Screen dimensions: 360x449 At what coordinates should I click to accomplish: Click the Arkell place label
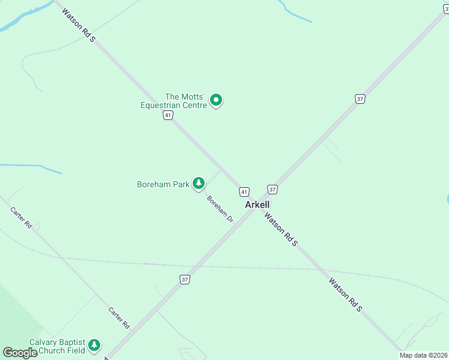[x=258, y=205]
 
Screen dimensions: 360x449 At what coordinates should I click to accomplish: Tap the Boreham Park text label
[x=163, y=184]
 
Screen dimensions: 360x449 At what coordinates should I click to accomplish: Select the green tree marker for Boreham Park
[x=199, y=184]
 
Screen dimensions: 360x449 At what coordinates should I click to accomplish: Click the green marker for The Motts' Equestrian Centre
[x=217, y=101]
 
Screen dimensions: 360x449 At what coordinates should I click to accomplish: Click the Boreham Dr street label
[x=220, y=209]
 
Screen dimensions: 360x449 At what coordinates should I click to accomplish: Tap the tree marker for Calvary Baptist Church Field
[x=94, y=345]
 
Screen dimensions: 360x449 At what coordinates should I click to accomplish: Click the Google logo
[x=20, y=353]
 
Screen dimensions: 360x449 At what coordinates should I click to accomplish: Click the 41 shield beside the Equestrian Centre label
[x=168, y=115]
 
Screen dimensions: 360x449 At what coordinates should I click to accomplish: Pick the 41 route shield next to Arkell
[x=244, y=192]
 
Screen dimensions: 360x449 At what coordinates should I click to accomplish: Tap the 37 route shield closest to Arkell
[x=273, y=190]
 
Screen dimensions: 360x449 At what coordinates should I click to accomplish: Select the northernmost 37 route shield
[x=360, y=99]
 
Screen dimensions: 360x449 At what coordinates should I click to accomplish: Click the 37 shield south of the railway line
[x=185, y=279]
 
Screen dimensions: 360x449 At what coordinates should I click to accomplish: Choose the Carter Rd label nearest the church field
[x=119, y=317]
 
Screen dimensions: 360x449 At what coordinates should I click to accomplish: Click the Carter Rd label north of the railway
[x=21, y=217]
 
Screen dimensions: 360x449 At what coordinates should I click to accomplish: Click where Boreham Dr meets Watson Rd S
[x=221, y=170]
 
